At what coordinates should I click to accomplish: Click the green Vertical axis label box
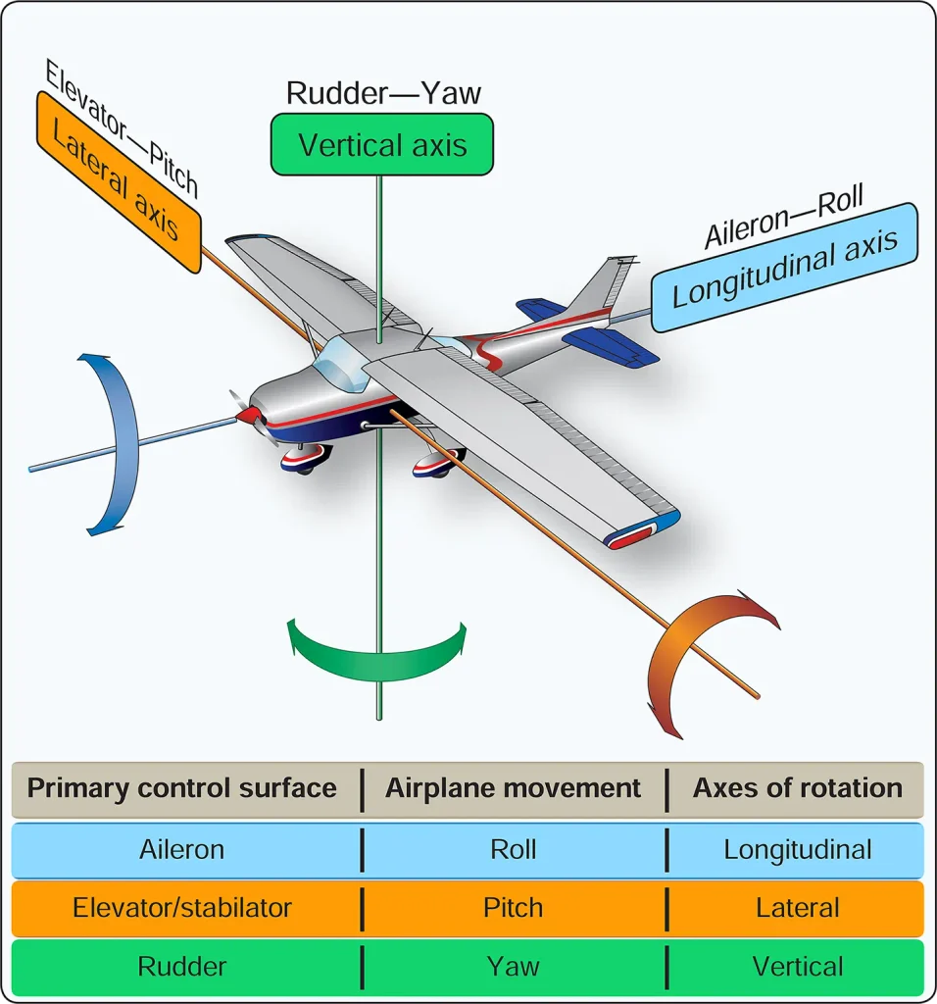click(382, 145)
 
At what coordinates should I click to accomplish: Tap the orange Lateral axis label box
click(119, 182)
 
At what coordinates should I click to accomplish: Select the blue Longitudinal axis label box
click(785, 268)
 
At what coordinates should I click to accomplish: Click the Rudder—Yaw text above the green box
click(382, 93)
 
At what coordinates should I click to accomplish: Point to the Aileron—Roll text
click(784, 216)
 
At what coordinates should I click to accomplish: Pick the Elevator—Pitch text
click(122, 126)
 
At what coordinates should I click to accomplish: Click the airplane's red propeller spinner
click(247, 416)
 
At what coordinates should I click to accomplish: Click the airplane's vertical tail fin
click(602, 285)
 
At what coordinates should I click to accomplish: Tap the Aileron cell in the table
click(181, 850)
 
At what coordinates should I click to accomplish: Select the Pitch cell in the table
click(513, 908)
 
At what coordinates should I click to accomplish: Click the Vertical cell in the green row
click(798, 966)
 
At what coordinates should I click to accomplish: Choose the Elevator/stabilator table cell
click(181, 908)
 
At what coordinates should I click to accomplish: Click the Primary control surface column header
click(181, 788)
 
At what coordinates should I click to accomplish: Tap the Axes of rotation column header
click(798, 788)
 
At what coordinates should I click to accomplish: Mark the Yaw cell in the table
click(513, 966)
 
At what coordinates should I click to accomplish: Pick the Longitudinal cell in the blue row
click(798, 850)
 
